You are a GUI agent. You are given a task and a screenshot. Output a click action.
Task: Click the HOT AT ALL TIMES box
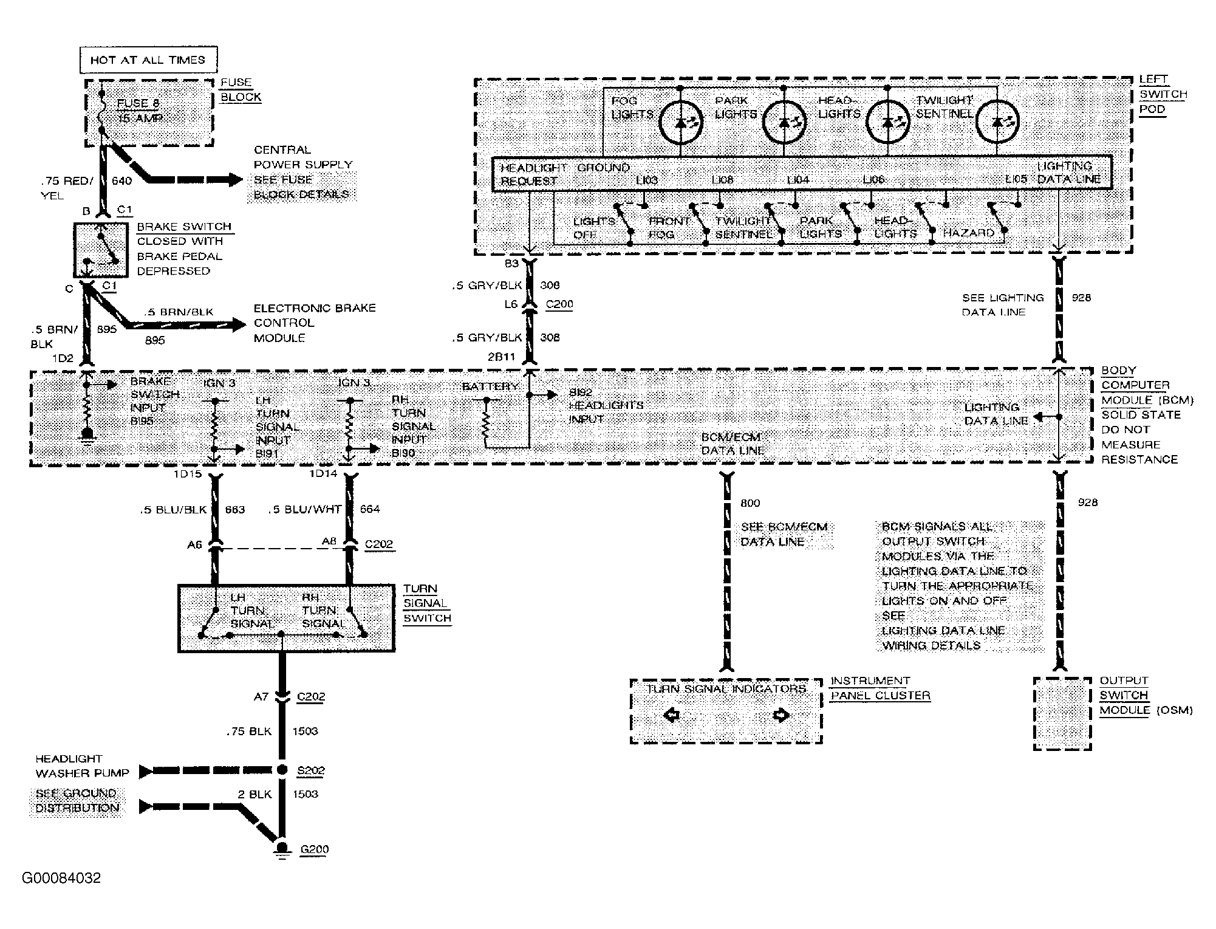[x=148, y=60]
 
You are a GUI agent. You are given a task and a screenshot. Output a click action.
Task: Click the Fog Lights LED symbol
[x=680, y=122]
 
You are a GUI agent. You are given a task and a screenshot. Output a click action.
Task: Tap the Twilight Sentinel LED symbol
[x=997, y=122]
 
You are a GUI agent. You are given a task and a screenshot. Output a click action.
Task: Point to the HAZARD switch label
[x=968, y=233]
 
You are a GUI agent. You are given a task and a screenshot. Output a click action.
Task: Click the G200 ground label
[x=314, y=849]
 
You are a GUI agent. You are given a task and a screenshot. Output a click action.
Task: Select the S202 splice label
[x=310, y=770]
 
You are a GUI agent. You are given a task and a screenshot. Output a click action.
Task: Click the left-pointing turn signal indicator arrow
[x=671, y=715]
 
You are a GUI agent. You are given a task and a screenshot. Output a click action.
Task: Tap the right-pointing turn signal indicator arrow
[x=780, y=715]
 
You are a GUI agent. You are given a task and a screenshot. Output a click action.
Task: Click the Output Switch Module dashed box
[x=1062, y=715]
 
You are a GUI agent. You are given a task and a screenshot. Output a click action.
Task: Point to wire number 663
[x=234, y=510]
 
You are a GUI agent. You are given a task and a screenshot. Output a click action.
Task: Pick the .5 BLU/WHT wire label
[x=305, y=510]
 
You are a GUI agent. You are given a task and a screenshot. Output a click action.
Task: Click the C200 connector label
[x=559, y=304]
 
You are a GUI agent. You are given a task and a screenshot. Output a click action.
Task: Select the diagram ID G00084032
[x=61, y=879]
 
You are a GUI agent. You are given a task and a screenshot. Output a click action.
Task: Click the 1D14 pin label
[x=323, y=474]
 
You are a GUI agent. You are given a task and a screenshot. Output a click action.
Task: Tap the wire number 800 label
[x=750, y=503]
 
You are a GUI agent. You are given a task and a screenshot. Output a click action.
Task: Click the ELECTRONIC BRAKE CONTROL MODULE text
[x=314, y=323]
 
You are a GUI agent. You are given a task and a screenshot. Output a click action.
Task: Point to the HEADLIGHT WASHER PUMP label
[x=82, y=766]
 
